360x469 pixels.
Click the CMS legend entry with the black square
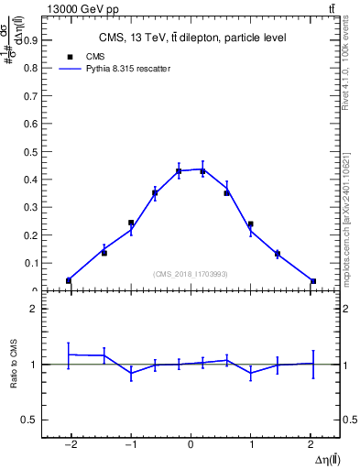(x=90, y=57)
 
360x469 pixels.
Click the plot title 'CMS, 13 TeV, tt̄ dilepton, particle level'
(x=192, y=38)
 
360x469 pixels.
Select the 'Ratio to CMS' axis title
(x=14, y=364)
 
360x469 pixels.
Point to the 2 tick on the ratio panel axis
(x=34, y=309)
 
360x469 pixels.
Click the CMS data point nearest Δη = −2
(x=69, y=280)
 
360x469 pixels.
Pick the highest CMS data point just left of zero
(x=179, y=171)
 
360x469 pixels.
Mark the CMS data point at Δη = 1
(x=250, y=224)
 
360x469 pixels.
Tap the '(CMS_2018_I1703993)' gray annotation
(x=190, y=274)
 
